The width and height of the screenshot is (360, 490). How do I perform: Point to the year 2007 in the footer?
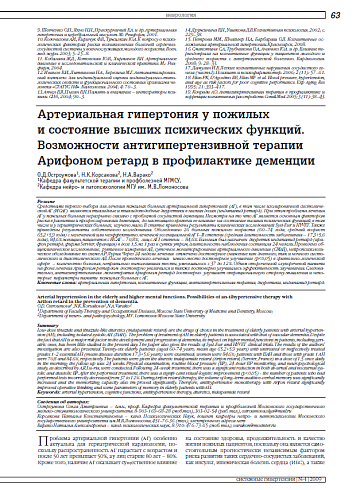pos(347,482)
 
